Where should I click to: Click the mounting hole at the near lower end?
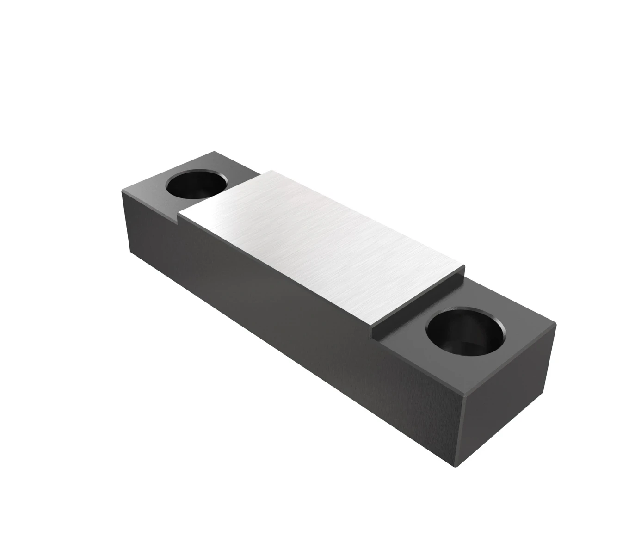coord(465,332)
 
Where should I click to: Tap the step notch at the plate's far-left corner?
coord(179,216)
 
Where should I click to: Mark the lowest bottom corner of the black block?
coord(456,466)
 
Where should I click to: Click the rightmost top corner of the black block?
coord(555,323)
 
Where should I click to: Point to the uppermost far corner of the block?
coord(214,152)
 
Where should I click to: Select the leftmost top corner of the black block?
coord(123,190)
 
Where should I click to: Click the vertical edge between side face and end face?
coord(460,430)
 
